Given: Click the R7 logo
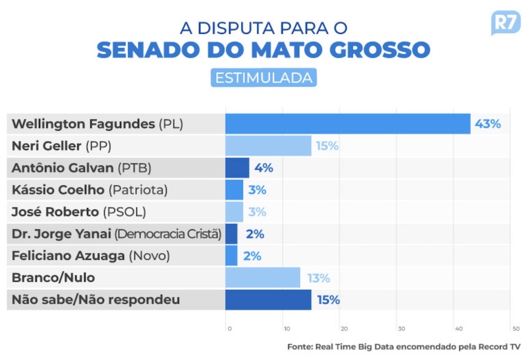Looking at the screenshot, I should click(505, 23).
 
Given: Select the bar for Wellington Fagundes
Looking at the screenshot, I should click(348, 124).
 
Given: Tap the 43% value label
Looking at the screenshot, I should click(488, 124).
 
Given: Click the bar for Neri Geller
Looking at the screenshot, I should click(268, 146).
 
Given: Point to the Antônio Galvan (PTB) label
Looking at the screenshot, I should click(82, 167).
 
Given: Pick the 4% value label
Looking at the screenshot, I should click(263, 167).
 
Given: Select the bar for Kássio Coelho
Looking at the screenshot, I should click(234, 190).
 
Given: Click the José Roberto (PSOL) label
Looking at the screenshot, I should click(79, 212).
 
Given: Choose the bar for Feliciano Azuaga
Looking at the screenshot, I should click(231, 256).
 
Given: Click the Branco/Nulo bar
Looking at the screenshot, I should click(262, 278).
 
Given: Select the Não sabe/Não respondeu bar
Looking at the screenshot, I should click(268, 300).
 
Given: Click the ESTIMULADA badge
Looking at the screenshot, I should click(263, 77).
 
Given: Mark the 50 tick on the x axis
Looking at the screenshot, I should click(515, 328).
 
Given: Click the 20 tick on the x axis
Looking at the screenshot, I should click(343, 328).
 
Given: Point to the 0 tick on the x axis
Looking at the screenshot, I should click(229, 328).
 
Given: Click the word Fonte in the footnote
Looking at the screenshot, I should click(300, 346).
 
